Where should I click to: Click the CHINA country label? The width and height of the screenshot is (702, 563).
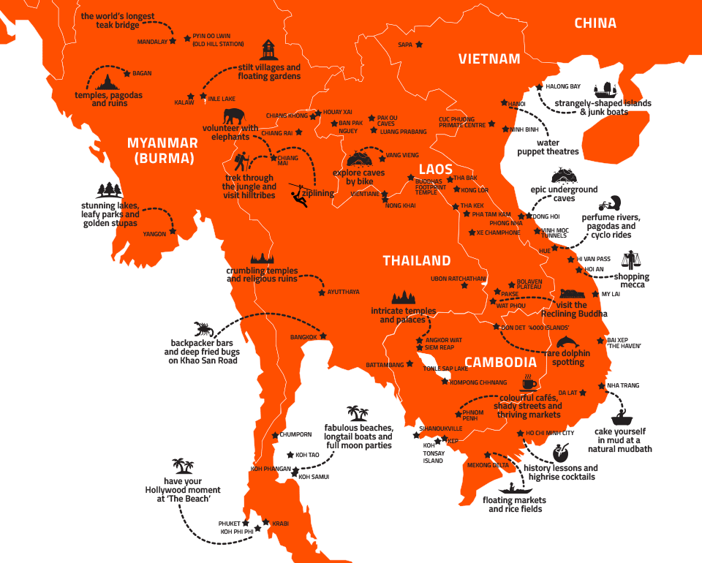pyautogui.click(x=595, y=23)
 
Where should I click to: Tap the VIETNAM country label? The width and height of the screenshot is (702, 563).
pyautogui.click(x=489, y=59)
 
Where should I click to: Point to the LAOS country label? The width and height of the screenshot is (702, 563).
pyautogui.click(x=436, y=170)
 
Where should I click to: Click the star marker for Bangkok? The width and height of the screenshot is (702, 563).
pyautogui.click(x=323, y=336)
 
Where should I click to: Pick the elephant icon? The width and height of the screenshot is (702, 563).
pyautogui.click(x=235, y=116)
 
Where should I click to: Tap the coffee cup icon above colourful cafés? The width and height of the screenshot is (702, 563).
pyautogui.click(x=528, y=384)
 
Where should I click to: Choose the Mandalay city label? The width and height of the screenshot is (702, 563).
pyautogui.click(x=152, y=42)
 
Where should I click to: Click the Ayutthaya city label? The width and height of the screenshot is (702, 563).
pyautogui.click(x=344, y=292)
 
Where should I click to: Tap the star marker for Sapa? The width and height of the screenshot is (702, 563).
pyautogui.click(x=419, y=45)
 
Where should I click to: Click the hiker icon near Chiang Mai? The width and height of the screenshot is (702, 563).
pyautogui.click(x=242, y=162)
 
